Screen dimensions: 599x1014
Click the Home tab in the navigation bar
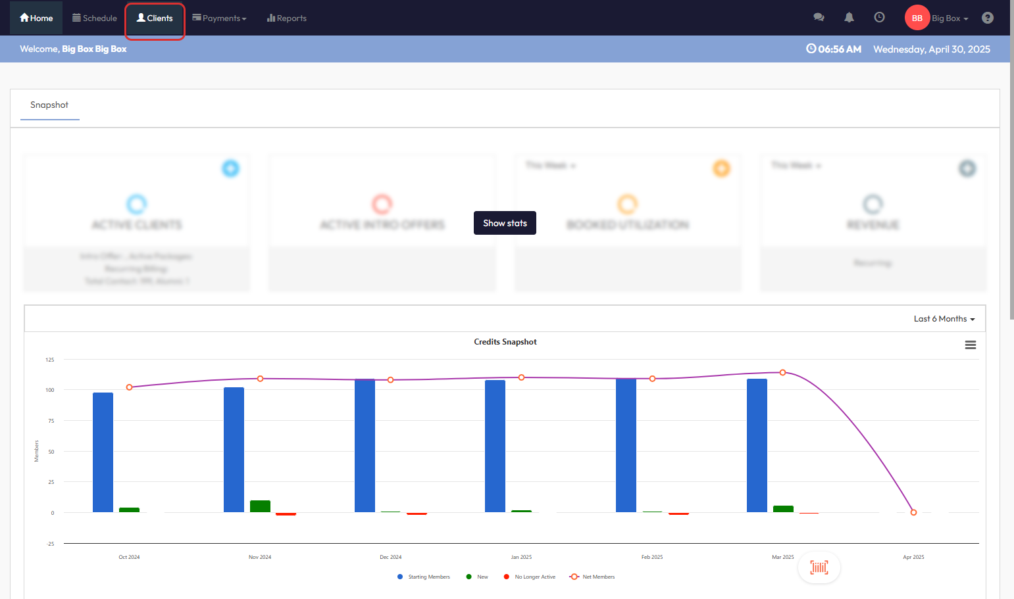(36, 18)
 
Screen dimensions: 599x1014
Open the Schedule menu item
(94, 18)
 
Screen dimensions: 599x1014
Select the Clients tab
(155, 18)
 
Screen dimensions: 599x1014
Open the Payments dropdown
(220, 18)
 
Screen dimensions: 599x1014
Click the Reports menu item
(287, 18)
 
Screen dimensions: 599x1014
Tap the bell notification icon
(849, 18)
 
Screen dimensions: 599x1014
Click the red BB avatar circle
(917, 18)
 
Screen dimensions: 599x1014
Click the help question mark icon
(987, 18)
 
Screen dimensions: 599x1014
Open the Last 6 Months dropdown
(944, 319)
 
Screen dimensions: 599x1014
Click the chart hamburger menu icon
(970, 345)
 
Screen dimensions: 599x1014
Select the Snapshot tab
(49, 105)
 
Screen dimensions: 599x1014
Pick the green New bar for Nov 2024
(260, 506)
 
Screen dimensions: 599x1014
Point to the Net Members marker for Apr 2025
(913, 512)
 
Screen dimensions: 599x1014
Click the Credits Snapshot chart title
(505, 342)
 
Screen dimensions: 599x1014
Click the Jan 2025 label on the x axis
(521, 557)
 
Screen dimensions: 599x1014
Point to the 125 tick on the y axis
(50, 360)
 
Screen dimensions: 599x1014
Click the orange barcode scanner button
(819, 567)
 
